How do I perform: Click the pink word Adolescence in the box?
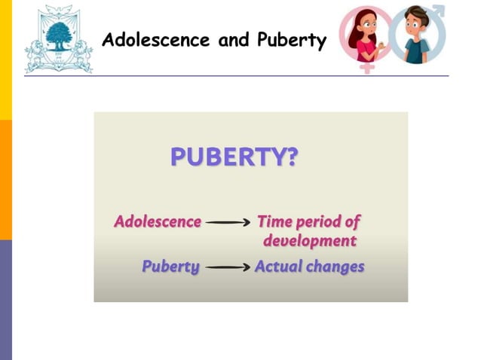click(x=158, y=222)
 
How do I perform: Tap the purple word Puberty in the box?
click(x=170, y=267)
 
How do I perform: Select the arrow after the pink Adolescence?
click(x=228, y=223)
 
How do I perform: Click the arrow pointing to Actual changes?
click(x=228, y=267)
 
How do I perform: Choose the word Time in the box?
click(x=274, y=222)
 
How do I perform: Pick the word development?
click(x=309, y=242)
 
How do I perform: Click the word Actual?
click(x=277, y=267)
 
